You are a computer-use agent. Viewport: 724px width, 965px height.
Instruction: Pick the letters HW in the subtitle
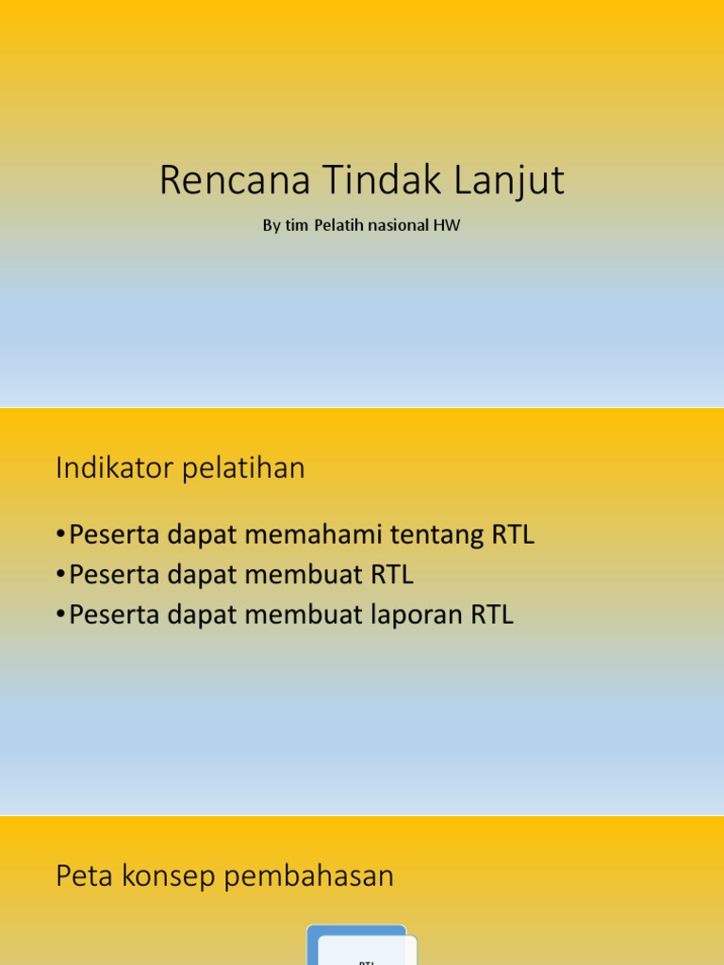click(447, 226)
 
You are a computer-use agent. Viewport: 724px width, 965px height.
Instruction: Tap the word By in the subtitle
click(271, 226)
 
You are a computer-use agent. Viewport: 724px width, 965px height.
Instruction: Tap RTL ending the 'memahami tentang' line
click(513, 535)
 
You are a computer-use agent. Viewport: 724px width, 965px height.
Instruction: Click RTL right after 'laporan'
click(492, 614)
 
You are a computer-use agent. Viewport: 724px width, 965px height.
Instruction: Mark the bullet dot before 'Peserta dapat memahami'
click(61, 536)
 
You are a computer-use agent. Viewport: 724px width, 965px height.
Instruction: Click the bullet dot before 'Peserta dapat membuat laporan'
click(61, 615)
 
